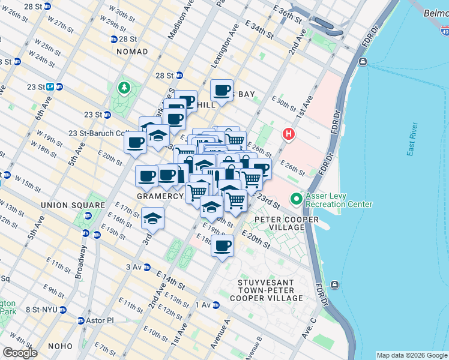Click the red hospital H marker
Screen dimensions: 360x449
pos(289,133)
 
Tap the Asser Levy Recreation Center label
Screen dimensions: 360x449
pos(338,199)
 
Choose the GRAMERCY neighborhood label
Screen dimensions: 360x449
pos(159,196)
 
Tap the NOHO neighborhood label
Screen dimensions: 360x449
pos(59,346)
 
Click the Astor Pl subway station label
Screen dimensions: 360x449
pos(100,320)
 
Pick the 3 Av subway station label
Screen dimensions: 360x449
pos(133,267)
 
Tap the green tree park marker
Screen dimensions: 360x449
pos(124,88)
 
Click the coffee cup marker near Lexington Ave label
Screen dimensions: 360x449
pos(222,91)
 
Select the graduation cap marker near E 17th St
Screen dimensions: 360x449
pos(152,218)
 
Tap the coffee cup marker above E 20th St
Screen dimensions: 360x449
pos(223,245)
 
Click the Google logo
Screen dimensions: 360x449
pos(19,353)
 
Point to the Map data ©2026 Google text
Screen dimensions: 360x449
pos(411,355)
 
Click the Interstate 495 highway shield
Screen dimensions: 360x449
pos(444,31)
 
